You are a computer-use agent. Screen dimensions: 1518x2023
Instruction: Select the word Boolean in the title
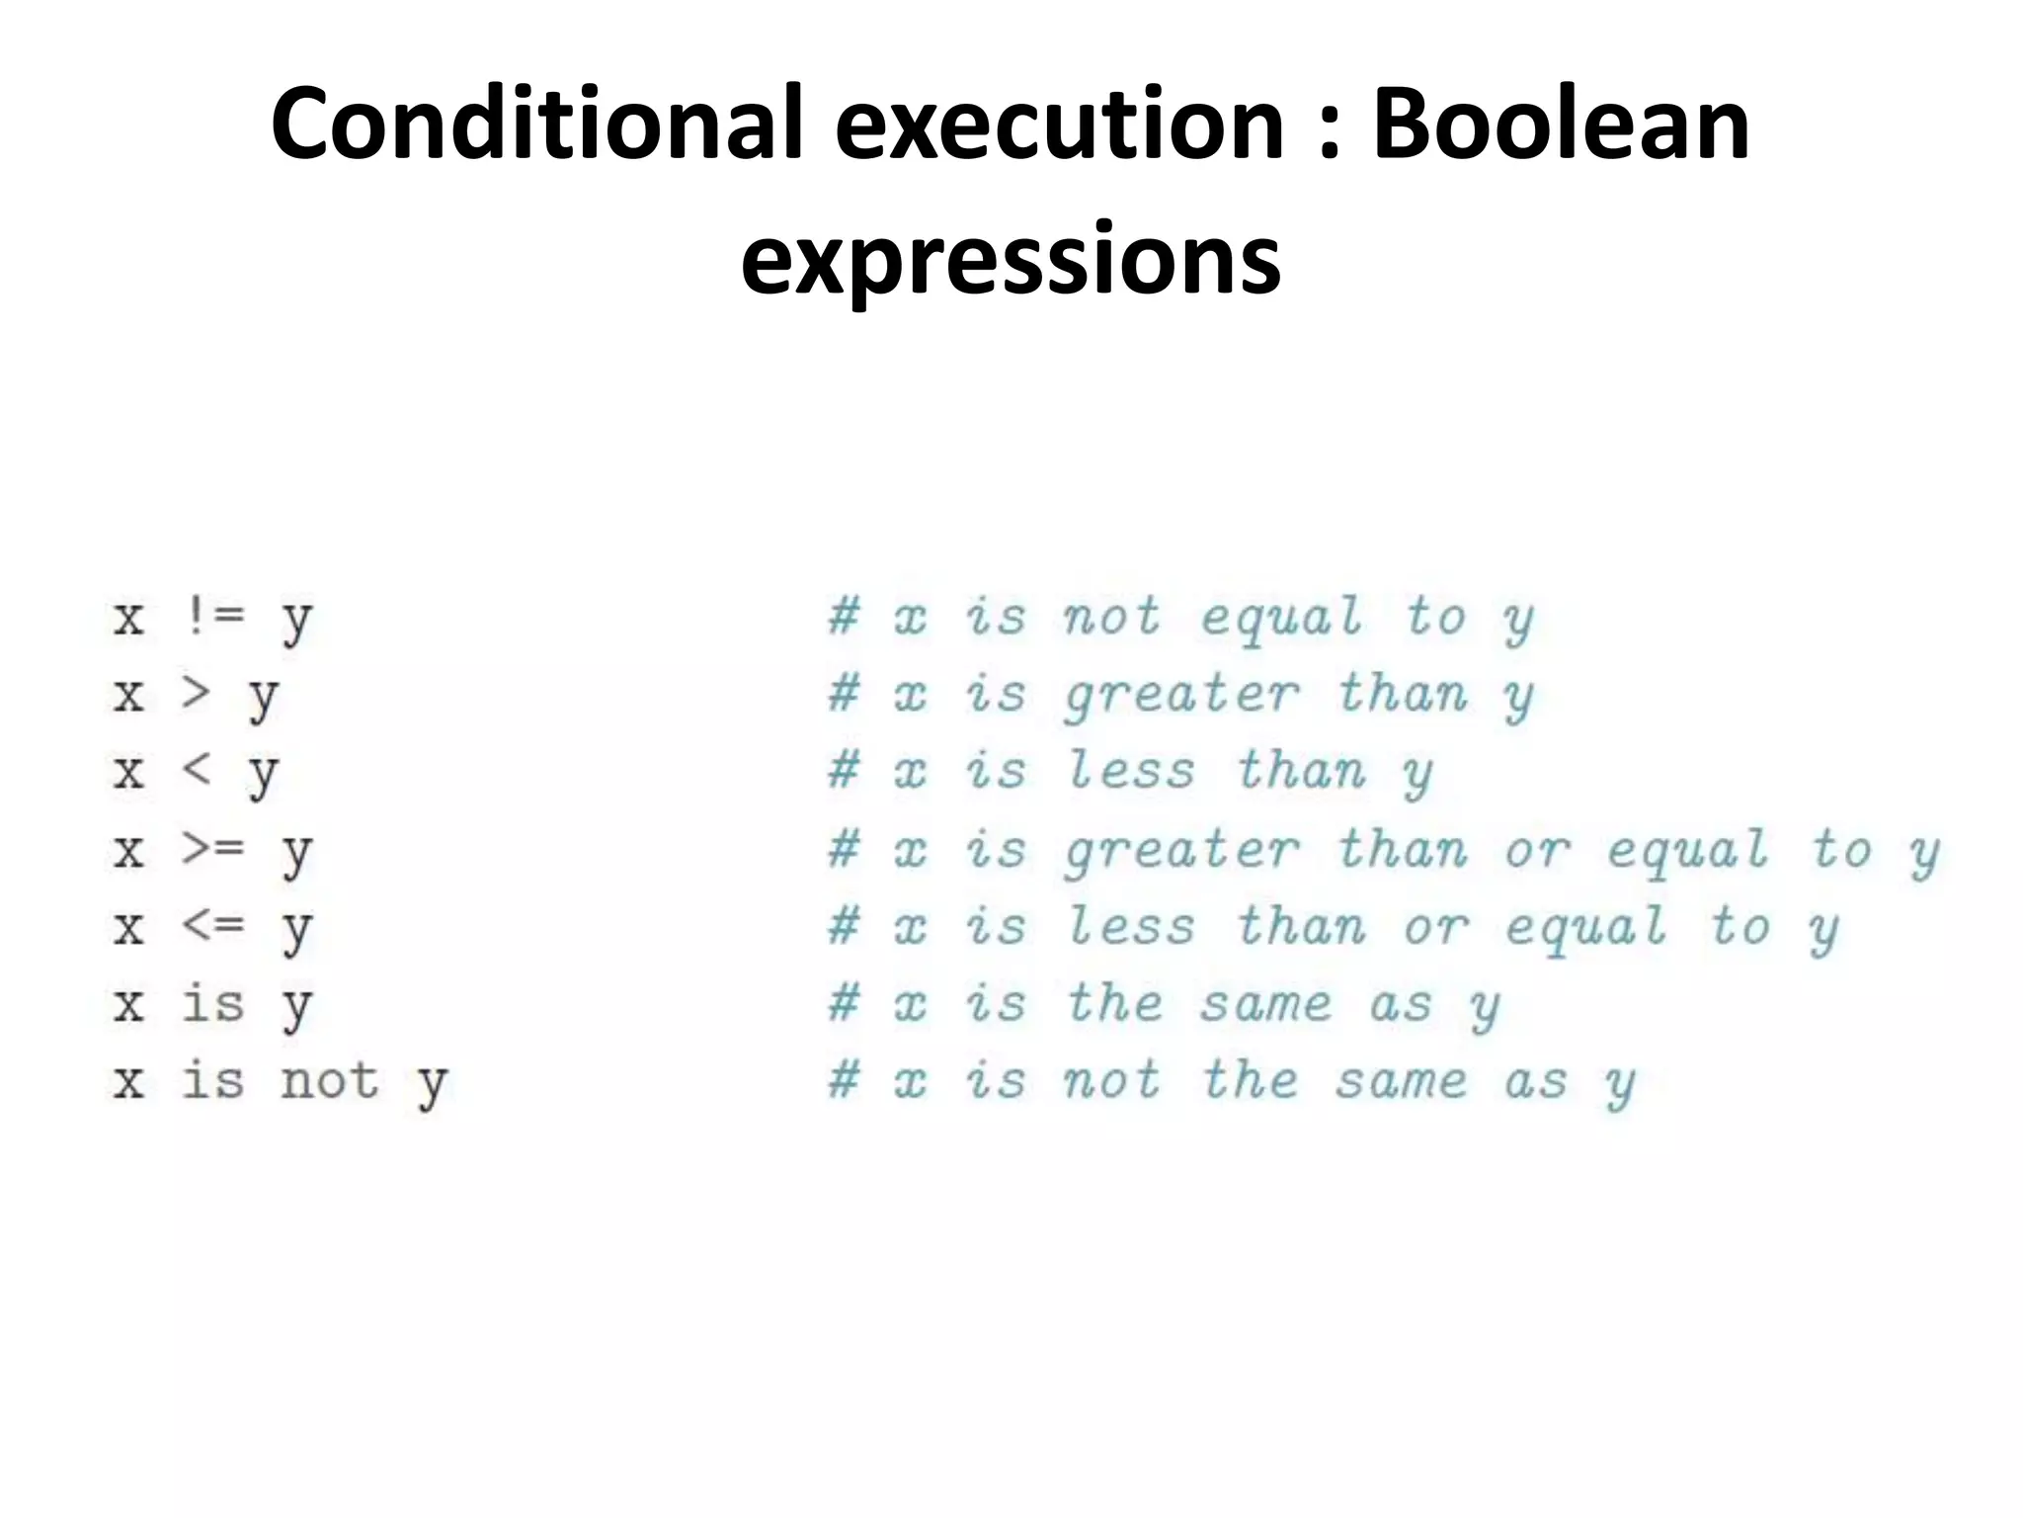click(1561, 124)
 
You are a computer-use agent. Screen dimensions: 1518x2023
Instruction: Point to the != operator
click(211, 617)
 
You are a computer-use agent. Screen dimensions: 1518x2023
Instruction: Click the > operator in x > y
click(196, 693)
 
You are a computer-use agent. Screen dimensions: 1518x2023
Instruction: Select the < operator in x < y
click(196, 770)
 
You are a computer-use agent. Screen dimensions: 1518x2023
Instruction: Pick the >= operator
click(211, 848)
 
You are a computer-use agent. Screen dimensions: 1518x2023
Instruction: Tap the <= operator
click(211, 925)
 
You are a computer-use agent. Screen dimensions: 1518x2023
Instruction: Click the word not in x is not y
click(329, 1080)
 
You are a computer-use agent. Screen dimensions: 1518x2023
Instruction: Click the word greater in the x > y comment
click(1181, 693)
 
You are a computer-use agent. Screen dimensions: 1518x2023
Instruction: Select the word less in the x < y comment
click(1131, 770)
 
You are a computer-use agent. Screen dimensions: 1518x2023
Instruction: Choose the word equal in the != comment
click(1282, 619)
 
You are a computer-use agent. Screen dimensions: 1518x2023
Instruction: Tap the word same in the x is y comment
click(1266, 1004)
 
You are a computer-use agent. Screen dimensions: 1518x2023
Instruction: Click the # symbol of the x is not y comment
click(843, 1080)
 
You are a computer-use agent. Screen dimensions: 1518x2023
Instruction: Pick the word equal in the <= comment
click(1585, 927)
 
